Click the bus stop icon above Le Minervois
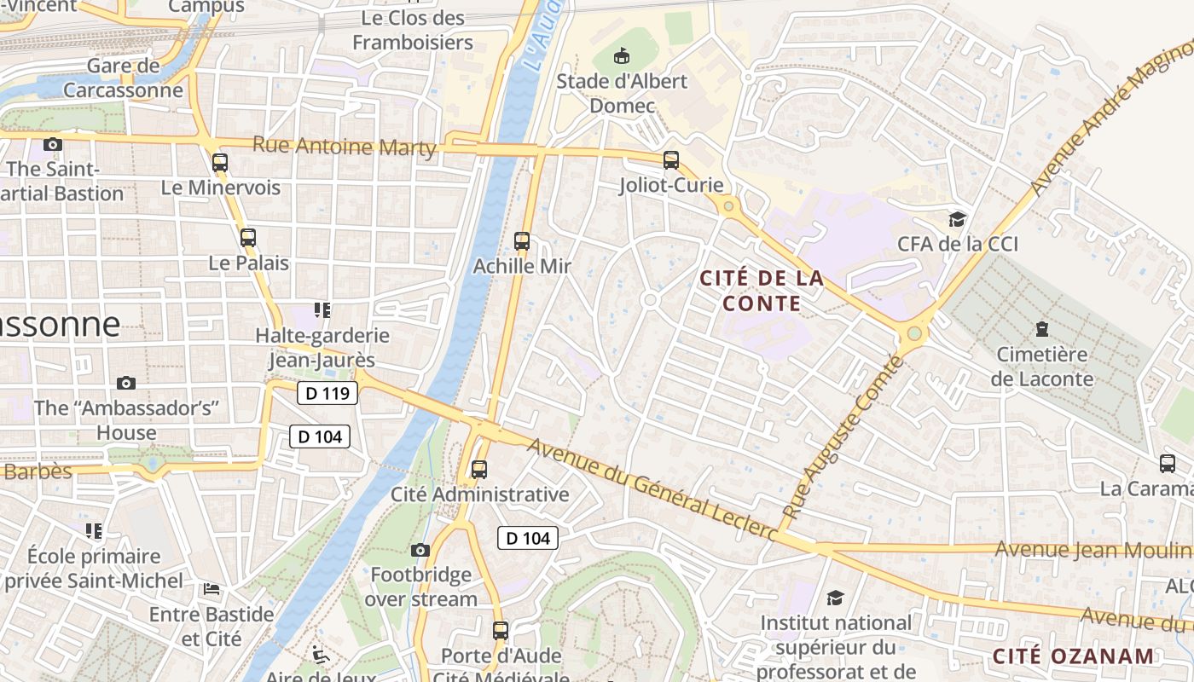(x=220, y=162)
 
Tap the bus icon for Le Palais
(x=248, y=238)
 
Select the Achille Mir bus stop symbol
(x=522, y=241)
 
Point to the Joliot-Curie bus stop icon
(x=671, y=160)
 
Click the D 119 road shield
(x=327, y=393)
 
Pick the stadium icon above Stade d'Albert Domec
(x=623, y=56)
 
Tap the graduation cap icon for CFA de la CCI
(x=958, y=219)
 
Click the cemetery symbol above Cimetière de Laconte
(x=1041, y=328)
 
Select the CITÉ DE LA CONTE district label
(x=762, y=290)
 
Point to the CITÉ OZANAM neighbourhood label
(x=1073, y=656)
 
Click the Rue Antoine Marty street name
(x=345, y=146)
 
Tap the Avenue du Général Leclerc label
(x=652, y=489)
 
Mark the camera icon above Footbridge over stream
(x=420, y=550)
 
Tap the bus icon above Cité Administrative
(x=479, y=470)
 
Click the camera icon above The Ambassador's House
(x=126, y=383)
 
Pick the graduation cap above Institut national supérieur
(x=835, y=598)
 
